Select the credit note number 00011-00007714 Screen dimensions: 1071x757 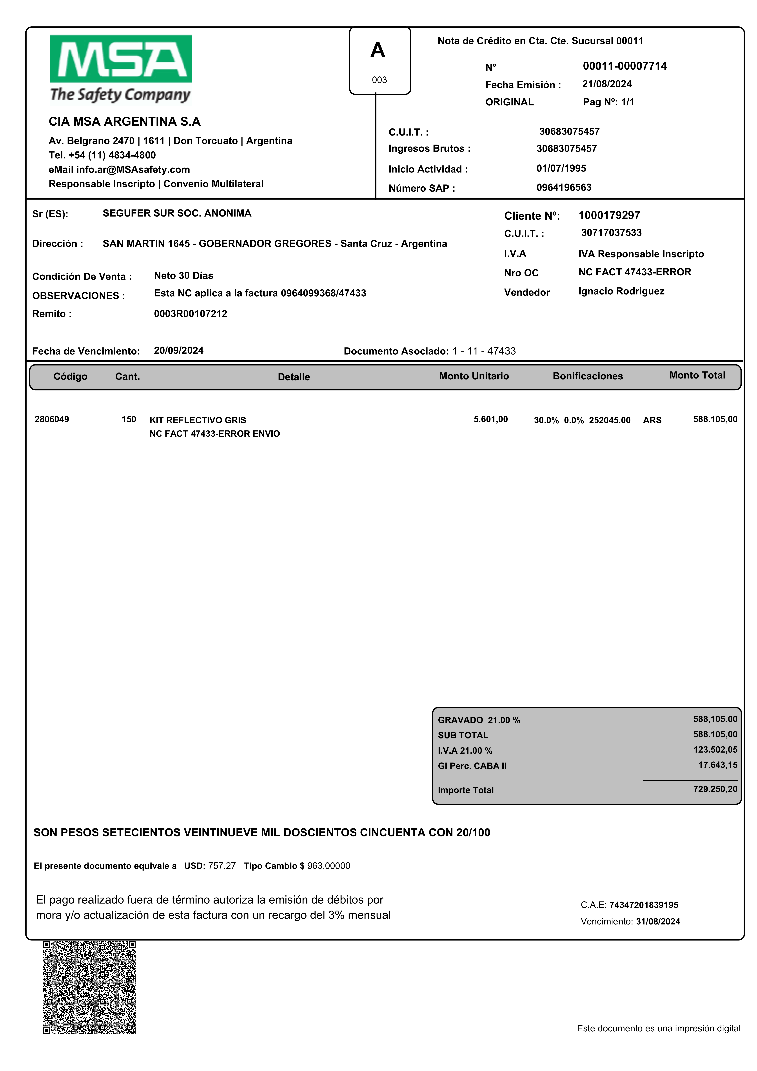(x=625, y=66)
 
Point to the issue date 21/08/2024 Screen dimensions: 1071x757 (x=607, y=84)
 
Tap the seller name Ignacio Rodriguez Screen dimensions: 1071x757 (x=621, y=291)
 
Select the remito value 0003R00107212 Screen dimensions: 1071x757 (x=191, y=313)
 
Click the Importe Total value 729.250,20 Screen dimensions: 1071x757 (x=715, y=789)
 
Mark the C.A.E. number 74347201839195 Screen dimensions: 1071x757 (x=644, y=905)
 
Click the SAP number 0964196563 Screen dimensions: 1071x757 (x=564, y=187)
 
